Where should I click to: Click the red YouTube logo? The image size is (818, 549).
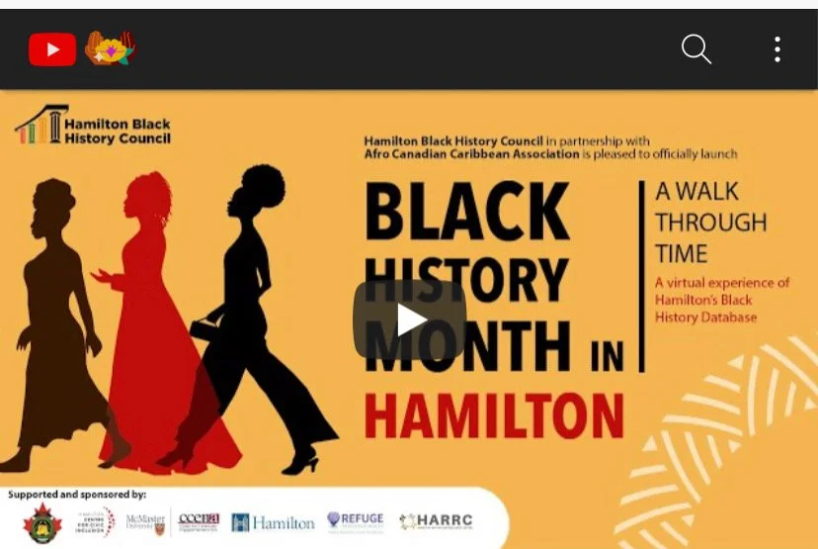point(52,48)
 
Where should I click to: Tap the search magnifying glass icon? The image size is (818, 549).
point(695,48)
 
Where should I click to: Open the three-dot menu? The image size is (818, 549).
point(777,48)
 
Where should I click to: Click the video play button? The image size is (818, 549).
point(409,319)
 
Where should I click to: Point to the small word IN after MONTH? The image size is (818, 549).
point(609,356)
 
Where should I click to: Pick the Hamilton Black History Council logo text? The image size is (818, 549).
point(117,131)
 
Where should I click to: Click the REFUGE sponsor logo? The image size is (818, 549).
point(355,520)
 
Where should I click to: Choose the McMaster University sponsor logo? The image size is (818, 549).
point(144,521)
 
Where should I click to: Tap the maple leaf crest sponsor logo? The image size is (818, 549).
point(42,522)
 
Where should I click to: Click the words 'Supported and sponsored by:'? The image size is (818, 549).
point(77,493)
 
